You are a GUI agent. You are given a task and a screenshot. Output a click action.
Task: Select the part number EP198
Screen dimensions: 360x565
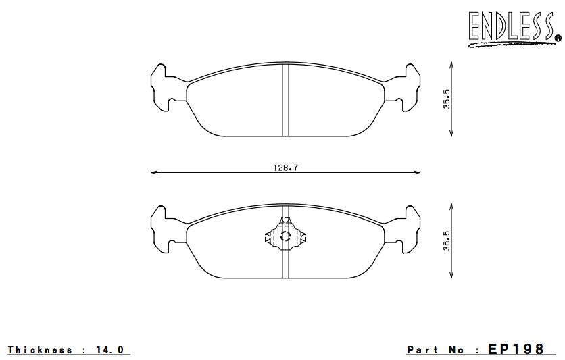[x=515, y=349]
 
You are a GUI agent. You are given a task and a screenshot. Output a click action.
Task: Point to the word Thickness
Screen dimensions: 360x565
[x=40, y=350]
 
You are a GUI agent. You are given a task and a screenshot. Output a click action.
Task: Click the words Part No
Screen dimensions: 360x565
[x=436, y=350]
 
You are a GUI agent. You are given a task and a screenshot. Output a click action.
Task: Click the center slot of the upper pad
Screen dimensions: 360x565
[x=285, y=100]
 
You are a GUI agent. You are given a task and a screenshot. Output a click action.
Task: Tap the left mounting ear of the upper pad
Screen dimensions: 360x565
[x=162, y=86]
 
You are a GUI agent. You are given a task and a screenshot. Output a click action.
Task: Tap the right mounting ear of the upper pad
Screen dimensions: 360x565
[x=408, y=86]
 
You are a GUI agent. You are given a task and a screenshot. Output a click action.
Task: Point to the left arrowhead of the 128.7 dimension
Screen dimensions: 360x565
[x=153, y=174]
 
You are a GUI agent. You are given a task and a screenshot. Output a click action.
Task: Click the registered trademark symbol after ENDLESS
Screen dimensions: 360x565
[x=558, y=38]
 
